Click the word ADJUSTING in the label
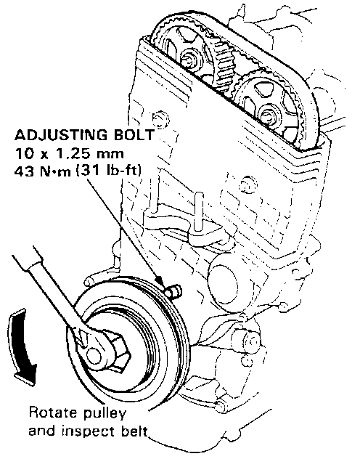(x=60, y=136)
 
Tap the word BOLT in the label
(x=134, y=134)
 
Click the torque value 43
(x=24, y=171)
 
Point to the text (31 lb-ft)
(x=108, y=171)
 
